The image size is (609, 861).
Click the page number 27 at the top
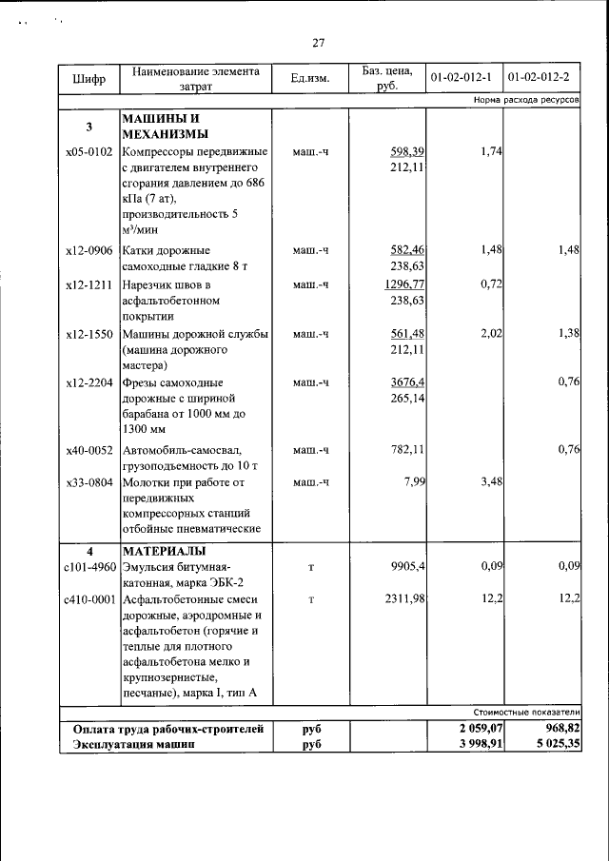click(x=319, y=43)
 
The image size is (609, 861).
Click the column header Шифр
click(x=88, y=78)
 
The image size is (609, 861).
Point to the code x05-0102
click(x=88, y=152)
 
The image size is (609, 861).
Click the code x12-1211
click(x=88, y=285)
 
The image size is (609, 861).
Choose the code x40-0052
click(x=88, y=450)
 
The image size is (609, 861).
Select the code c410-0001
click(x=88, y=599)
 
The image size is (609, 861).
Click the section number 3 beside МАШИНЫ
click(x=88, y=127)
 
